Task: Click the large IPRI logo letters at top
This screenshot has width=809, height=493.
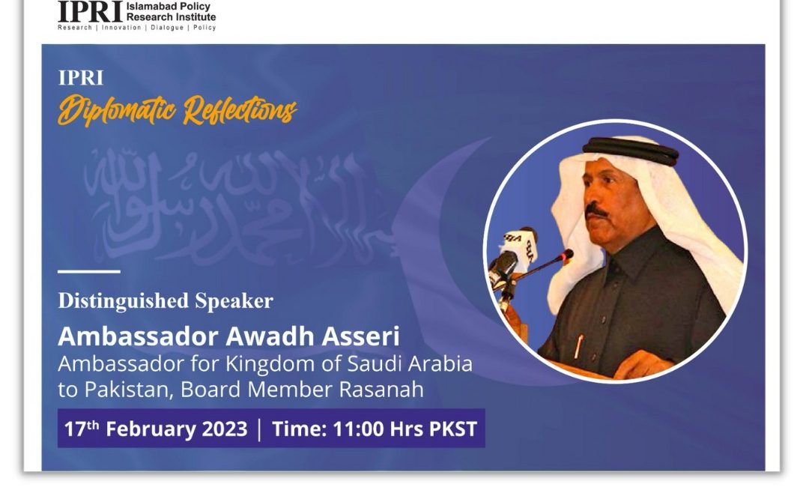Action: (x=91, y=11)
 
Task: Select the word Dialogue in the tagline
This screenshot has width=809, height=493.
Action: (x=167, y=28)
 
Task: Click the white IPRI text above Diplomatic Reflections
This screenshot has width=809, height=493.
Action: (x=81, y=78)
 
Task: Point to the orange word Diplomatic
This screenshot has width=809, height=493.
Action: (x=117, y=109)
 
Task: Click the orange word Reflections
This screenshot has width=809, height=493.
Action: (x=240, y=110)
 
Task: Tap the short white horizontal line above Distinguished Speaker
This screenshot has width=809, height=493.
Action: (x=88, y=271)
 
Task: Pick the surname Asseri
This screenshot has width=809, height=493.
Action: (x=360, y=336)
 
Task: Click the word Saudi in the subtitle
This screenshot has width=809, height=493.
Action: (x=375, y=363)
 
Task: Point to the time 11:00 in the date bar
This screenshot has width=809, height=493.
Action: (x=358, y=429)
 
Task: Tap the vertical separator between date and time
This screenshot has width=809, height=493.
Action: (x=259, y=429)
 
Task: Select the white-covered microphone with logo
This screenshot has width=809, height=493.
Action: (x=520, y=245)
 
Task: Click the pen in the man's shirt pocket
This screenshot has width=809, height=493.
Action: (x=579, y=346)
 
